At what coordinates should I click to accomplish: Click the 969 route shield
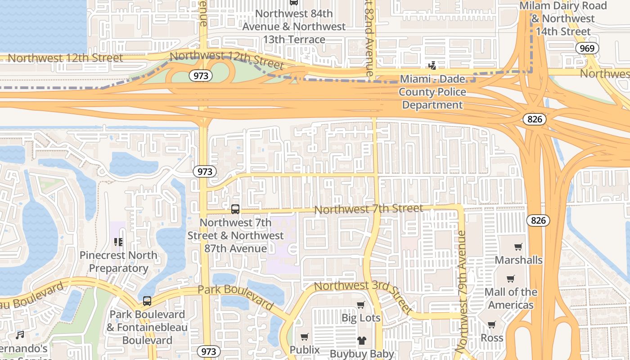point(587,49)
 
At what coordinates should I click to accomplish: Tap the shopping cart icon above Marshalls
point(518,247)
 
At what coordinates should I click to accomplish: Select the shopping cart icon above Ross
point(492,324)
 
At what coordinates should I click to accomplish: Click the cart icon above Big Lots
point(360,305)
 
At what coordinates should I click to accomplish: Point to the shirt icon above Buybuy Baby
point(362,340)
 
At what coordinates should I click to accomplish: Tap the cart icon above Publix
point(305,337)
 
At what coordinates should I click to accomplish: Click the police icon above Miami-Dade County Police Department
point(432,66)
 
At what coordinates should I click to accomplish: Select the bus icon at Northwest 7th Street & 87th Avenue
point(235,209)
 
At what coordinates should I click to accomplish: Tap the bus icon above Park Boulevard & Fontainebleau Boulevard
point(147,301)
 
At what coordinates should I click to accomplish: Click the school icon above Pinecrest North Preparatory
point(118,242)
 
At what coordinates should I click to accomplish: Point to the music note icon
point(20,335)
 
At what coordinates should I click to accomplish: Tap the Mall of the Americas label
point(511,298)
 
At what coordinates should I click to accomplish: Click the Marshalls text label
point(518,260)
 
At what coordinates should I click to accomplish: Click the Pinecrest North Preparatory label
point(118,261)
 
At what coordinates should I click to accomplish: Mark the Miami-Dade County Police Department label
point(432,92)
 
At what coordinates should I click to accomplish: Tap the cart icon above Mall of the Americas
point(510,279)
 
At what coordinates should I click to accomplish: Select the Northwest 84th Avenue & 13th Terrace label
point(294,26)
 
